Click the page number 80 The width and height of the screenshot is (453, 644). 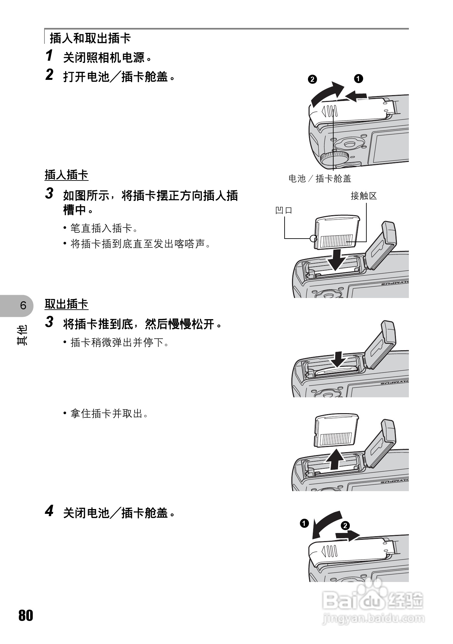click(26, 615)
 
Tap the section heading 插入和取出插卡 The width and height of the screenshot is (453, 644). click(90, 38)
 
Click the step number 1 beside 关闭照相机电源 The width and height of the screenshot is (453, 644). click(49, 56)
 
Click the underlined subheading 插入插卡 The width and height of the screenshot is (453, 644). click(66, 175)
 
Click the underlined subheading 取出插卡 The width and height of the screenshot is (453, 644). click(66, 304)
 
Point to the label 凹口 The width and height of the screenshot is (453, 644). click(284, 210)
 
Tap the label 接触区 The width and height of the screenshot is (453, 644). click(363, 196)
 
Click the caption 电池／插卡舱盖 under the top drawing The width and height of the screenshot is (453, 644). click(320, 179)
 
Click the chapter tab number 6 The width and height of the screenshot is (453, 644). click(23, 305)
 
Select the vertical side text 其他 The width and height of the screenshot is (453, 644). click(22, 334)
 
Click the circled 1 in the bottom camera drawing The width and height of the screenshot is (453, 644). click(304, 523)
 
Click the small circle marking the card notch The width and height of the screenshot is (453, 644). click(313, 238)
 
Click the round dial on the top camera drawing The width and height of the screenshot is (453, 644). click(334, 157)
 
